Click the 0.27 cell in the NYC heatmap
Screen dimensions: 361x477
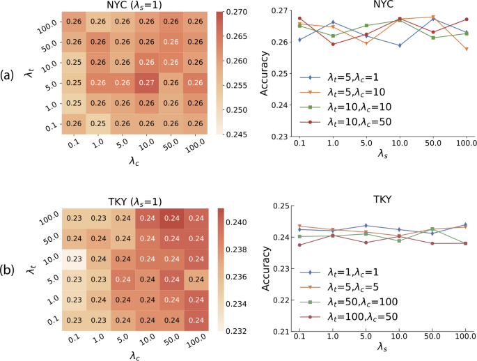tap(147, 83)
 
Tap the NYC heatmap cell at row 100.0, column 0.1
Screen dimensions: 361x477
tap(74, 22)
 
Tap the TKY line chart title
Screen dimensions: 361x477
tap(382, 199)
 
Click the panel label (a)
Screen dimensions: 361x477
tap(8, 73)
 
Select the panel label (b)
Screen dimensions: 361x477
tap(8, 268)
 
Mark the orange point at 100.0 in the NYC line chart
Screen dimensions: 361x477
tap(467, 49)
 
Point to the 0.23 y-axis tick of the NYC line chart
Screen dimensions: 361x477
tap(279, 135)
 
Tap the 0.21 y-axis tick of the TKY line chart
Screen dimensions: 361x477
tap(279, 331)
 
